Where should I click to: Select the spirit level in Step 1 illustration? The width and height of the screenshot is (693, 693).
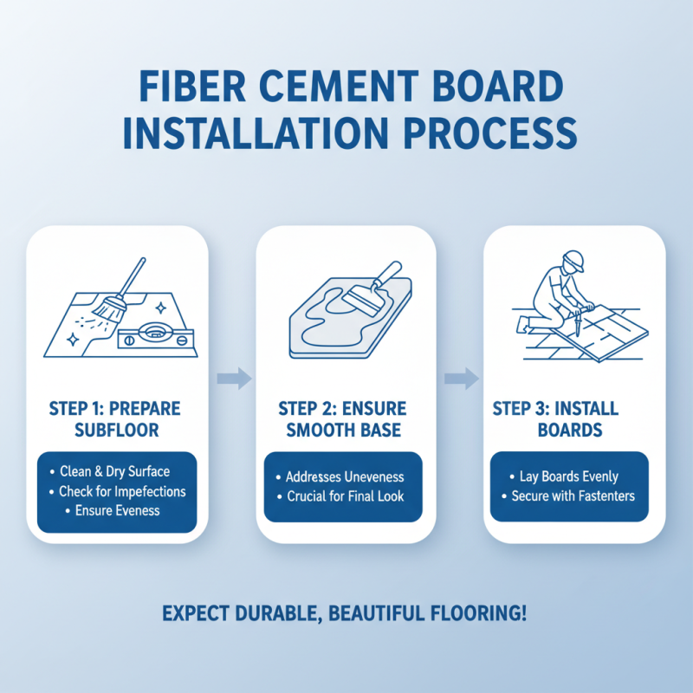coord(154,333)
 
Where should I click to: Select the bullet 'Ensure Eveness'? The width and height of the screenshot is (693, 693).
coord(117,511)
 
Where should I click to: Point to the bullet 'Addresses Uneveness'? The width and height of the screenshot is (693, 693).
coord(345,477)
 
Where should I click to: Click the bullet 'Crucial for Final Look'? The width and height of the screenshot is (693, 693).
coord(345,497)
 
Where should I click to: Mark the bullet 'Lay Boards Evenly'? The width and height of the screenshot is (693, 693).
coord(568,476)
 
